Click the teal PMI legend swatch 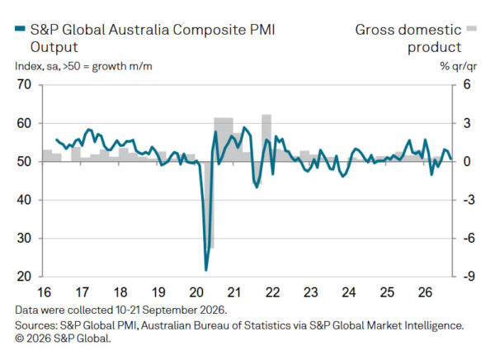(20, 29)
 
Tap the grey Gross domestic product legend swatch (472, 29)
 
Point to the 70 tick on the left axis (24, 85)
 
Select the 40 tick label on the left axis (24, 200)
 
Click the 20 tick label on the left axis (24, 277)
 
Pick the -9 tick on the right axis (469, 277)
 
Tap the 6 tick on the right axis (467, 85)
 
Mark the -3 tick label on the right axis (469, 200)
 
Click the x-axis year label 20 (196, 292)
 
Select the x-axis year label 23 (311, 292)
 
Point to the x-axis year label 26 (425, 292)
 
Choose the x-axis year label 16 (45, 292)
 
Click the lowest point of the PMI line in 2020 (206, 270)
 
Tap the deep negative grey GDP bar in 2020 (210, 205)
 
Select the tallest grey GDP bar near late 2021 (266, 138)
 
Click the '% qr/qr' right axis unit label (459, 66)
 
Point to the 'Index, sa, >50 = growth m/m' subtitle (83, 66)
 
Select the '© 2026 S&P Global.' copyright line (63, 339)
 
